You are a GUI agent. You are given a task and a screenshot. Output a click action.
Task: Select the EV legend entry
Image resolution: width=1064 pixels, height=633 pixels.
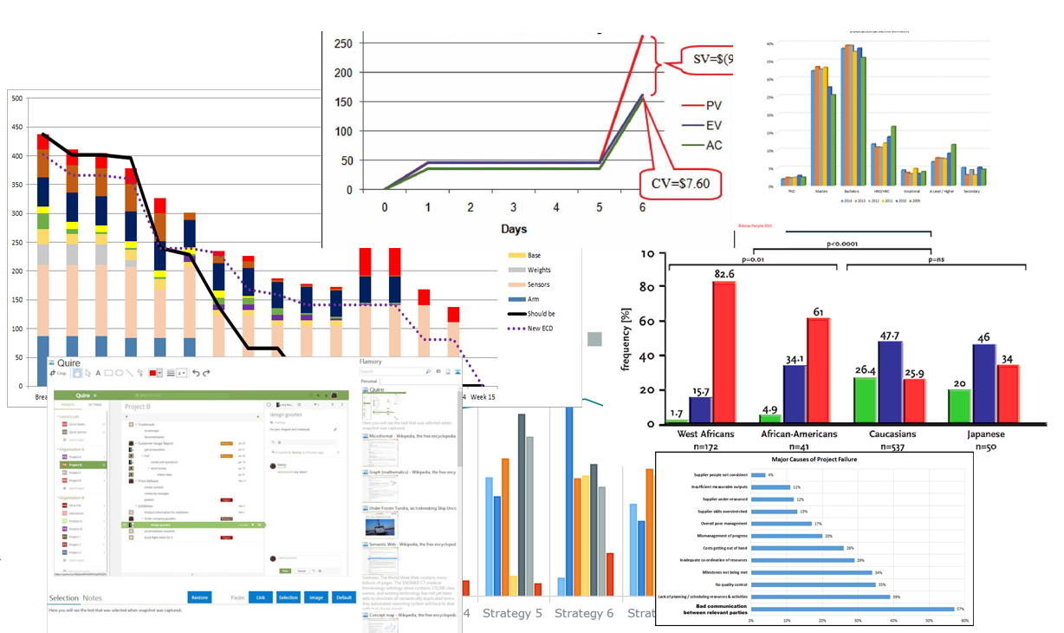[x=713, y=126]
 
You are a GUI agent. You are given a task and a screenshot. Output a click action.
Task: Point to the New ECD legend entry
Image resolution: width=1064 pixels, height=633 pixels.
[x=539, y=329]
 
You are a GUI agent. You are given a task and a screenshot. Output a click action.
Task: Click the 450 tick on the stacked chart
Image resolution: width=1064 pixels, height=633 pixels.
[x=16, y=127]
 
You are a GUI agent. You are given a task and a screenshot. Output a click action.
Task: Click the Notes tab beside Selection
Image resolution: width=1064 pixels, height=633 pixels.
[x=92, y=598]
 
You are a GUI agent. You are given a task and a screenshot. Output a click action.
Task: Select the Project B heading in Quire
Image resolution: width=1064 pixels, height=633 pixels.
[x=138, y=405]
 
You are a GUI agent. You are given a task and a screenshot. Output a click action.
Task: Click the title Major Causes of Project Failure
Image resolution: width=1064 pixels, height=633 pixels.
[x=814, y=460]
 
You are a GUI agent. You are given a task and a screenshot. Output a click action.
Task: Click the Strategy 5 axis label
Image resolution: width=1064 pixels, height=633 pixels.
[x=512, y=613]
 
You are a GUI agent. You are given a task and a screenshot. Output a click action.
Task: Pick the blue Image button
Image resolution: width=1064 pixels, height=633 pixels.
[x=316, y=597]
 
